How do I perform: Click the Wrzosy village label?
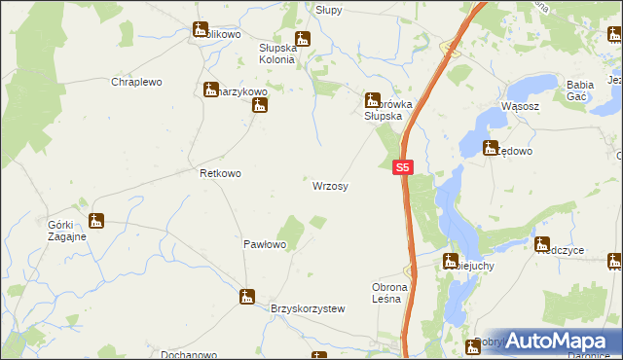(x=330, y=185)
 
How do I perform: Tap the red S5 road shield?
(x=405, y=167)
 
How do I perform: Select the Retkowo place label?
(x=220, y=173)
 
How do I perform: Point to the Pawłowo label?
(x=264, y=245)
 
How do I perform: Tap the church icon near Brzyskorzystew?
(x=248, y=296)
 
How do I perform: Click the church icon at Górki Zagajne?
(x=95, y=221)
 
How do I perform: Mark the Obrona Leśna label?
(x=394, y=293)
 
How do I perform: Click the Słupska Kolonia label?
(x=276, y=53)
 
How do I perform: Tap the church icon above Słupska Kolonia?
(x=302, y=39)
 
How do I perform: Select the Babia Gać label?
(x=586, y=90)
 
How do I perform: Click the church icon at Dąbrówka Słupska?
(x=371, y=99)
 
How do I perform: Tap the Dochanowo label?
(x=162, y=352)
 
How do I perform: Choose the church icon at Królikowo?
(x=200, y=31)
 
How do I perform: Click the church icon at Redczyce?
(x=543, y=244)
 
